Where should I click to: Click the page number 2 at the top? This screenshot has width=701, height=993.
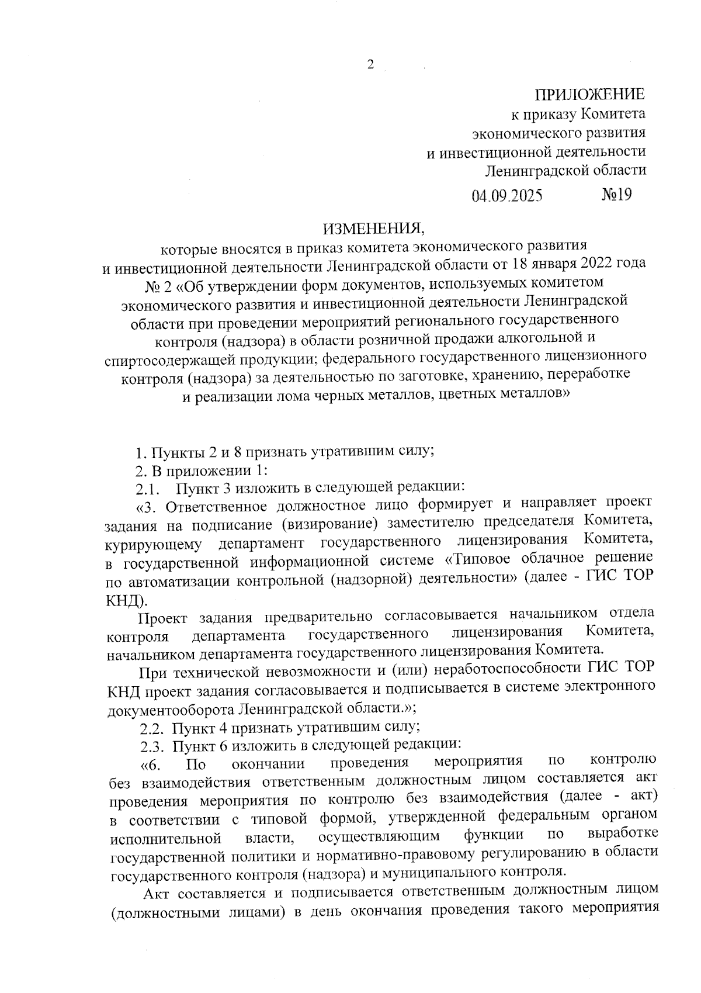tap(370, 65)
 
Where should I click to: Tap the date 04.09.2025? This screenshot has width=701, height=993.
tap(507, 195)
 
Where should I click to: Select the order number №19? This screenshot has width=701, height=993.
tap(616, 194)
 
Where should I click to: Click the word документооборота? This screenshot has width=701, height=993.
tap(172, 709)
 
